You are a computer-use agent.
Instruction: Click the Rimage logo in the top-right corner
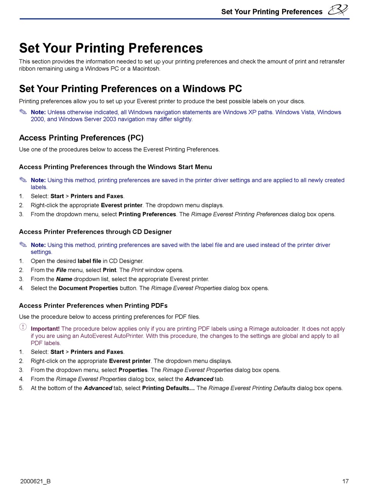pyautogui.click(x=338, y=10)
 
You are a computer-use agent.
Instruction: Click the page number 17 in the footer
pyautogui.click(x=346, y=481)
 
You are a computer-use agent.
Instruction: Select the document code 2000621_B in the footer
pyautogui.click(x=35, y=481)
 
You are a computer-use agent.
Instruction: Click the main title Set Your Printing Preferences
pyautogui.click(x=111, y=48)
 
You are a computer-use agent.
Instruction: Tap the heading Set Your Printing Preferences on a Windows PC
pyautogui.click(x=130, y=89)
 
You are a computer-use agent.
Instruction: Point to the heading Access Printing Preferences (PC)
pyautogui.click(x=81, y=138)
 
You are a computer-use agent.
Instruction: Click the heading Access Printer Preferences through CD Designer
pyautogui.click(x=95, y=232)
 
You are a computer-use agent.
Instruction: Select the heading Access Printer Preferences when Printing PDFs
pyautogui.click(x=93, y=306)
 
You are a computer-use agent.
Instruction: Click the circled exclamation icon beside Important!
pyautogui.click(x=23, y=327)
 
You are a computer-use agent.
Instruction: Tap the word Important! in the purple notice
pyautogui.click(x=45, y=329)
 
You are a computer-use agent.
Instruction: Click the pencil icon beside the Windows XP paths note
pyautogui.click(x=23, y=112)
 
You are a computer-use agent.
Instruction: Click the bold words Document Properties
pyautogui.click(x=88, y=288)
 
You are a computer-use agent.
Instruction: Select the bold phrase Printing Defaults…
pyautogui.click(x=168, y=388)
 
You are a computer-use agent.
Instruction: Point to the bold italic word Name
pyautogui.click(x=64, y=279)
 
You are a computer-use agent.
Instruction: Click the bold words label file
pyautogui.click(x=89, y=261)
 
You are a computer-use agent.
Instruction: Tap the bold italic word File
pyautogui.click(x=61, y=270)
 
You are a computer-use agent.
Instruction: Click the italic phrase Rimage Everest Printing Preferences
pyautogui.click(x=239, y=214)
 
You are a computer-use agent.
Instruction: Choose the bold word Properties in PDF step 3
pyautogui.click(x=133, y=370)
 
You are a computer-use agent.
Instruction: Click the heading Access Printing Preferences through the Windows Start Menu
pyautogui.click(x=115, y=167)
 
